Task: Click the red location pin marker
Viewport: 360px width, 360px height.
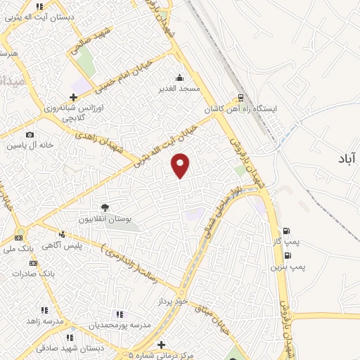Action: pos(181,165)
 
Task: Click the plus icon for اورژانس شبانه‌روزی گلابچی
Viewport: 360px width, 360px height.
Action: pos(73,97)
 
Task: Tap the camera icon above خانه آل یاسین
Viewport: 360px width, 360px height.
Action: pos(30,134)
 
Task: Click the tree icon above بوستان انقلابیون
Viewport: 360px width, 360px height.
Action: pos(105,207)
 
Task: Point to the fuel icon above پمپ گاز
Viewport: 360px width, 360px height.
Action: pos(285,230)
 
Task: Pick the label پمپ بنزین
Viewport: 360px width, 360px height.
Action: pos(288,269)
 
